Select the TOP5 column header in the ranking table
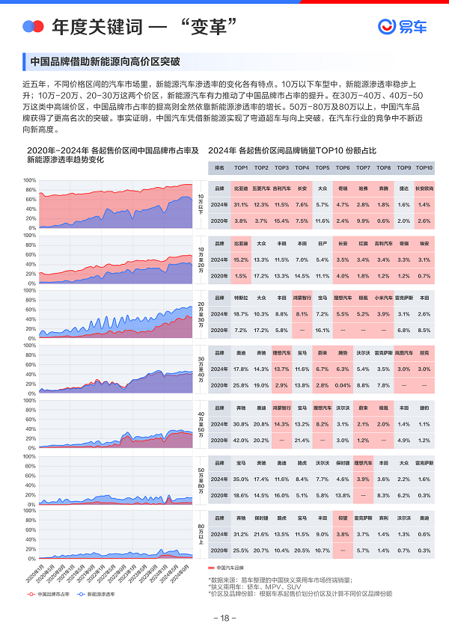323,168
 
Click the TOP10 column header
424,168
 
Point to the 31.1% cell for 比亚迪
241,204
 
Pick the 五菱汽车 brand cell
261,189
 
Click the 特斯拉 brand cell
241,298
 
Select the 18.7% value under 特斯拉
241,314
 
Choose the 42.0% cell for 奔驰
241,440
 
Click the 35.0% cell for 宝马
241,478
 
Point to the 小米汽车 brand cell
383,298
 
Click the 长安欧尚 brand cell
424,189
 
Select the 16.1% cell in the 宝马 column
323,330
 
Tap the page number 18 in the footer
224,618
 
